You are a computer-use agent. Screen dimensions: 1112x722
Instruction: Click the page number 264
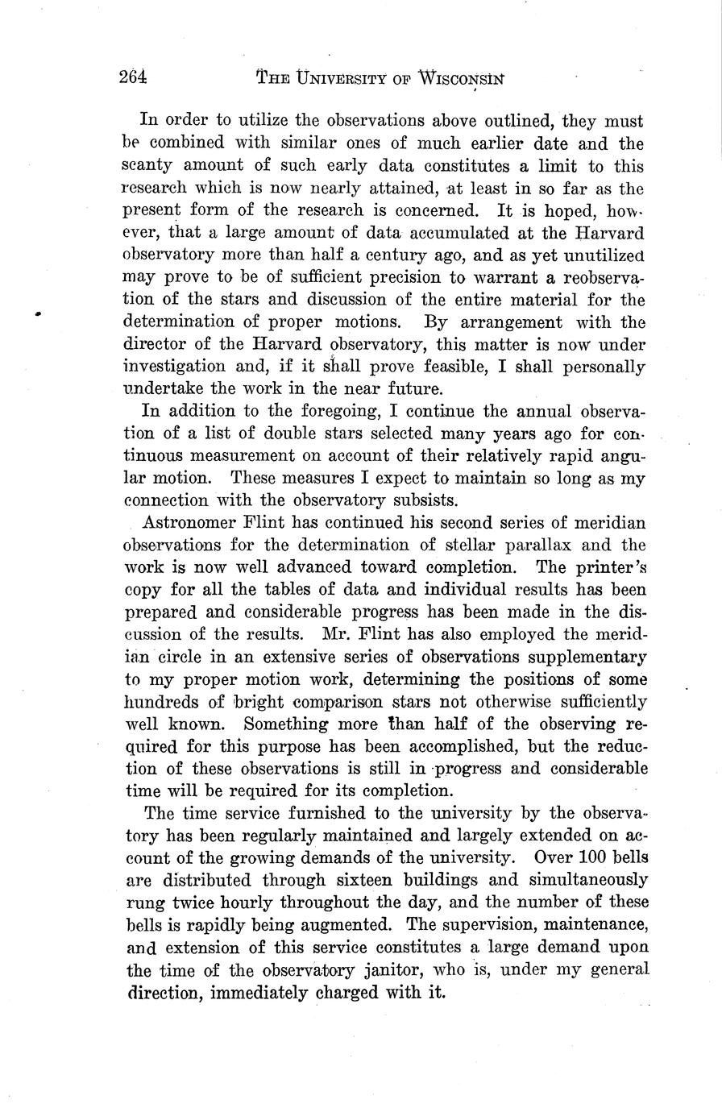tap(132, 78)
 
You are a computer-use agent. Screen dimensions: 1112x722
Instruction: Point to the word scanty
tap(148, 167)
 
